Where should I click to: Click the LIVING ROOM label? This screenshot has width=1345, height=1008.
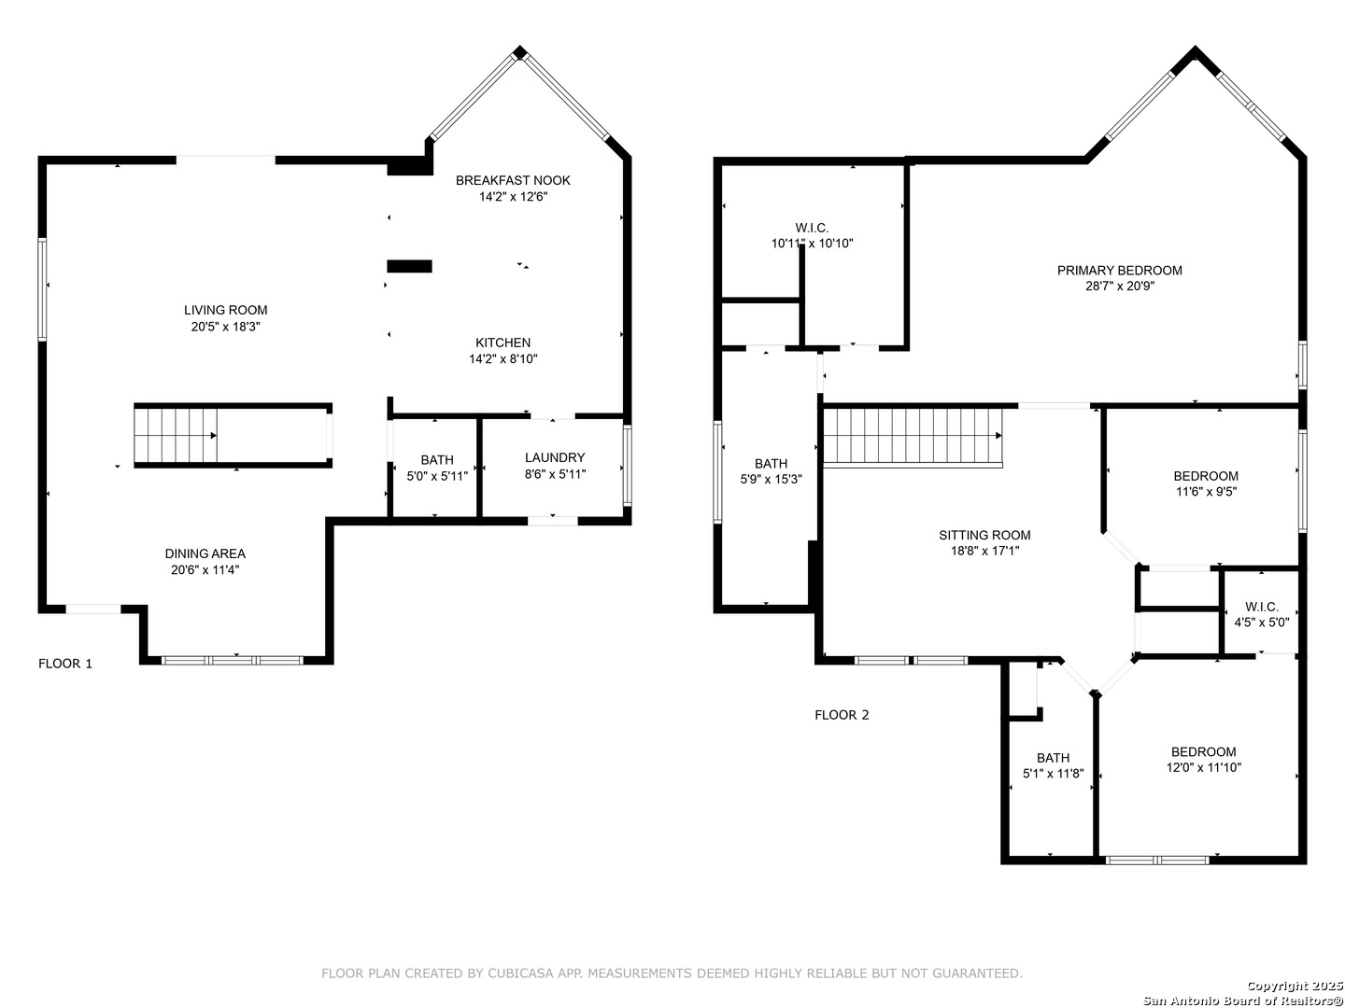pyautogui.click(x=225, y=310)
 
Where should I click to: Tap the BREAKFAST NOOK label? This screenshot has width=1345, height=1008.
pyautogui.click(x=513, y=180)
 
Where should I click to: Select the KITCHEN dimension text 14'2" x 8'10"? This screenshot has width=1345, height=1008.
pyautogui.click(x=503, y=358)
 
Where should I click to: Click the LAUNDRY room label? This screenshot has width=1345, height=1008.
pyautogui.click(x=555, y=457)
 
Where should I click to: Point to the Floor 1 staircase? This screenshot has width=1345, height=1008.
pyautogui.click(x=176, y=436)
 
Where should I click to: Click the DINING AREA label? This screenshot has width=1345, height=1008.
pyautogui.click(x=205, y=553)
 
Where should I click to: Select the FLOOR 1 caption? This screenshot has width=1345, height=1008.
pyautogui.click(x=65, y=664)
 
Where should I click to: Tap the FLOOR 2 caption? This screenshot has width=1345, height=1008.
pyautogui.click(x=842, y=715)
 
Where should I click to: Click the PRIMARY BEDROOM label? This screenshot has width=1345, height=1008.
pyautogui.click(x=1120, y=271)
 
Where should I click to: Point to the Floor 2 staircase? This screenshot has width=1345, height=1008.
pyautogui.click(x=913, y=437)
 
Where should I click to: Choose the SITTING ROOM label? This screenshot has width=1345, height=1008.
pyautogui.click(x=984, y=536)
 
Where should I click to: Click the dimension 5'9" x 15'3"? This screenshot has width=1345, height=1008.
pyautogui.click(x=771, y=479)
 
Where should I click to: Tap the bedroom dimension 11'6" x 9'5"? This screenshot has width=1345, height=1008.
pyautogui.click(x=1205, y=492)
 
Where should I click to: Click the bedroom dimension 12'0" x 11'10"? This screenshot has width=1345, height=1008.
pyautogui.click(x=1203, y=767)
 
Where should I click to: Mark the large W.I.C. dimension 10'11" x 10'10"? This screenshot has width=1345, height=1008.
pyautogui.click(x=812, y=244)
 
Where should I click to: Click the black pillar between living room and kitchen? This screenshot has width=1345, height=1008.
pyautogui.click(x=409, y=266)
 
